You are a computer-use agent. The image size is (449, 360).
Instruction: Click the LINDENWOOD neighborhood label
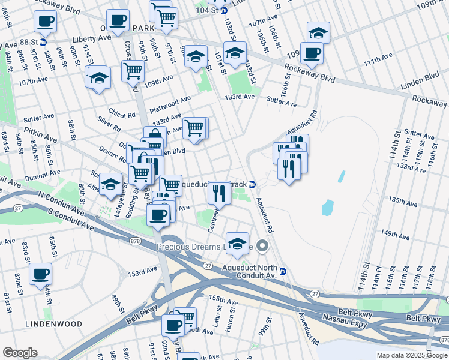tap(54, 323)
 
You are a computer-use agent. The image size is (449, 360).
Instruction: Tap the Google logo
tap(20, 353)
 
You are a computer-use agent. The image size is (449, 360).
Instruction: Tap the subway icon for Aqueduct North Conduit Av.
tap(283, 271)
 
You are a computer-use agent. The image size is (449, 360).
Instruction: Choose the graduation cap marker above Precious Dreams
tap(238, 243)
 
